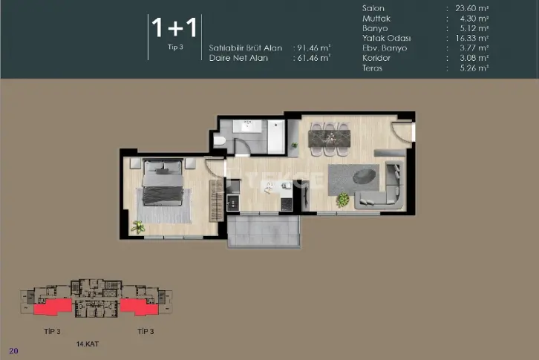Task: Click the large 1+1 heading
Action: (174, 27)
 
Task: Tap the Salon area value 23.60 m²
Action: (471, 8)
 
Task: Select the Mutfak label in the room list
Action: (376, 19)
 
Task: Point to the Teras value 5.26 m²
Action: (474, 68)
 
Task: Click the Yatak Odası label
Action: (386, 38)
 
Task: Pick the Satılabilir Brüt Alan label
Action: (246, 48)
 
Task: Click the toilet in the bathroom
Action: (219, 140)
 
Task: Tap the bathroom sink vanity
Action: (247, 126)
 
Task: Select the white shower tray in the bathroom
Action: (276, 137)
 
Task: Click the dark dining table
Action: (330, 139)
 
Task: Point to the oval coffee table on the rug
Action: (364, 176)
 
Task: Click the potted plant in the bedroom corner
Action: (138, 227)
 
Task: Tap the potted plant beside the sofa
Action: (343, 200)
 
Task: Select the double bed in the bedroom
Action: (163, 182)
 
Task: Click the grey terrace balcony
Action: (264, 230)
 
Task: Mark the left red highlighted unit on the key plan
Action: (53, 307)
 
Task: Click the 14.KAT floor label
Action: (88, 344)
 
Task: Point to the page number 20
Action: (13, 351)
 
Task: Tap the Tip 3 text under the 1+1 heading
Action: (175, 47)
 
